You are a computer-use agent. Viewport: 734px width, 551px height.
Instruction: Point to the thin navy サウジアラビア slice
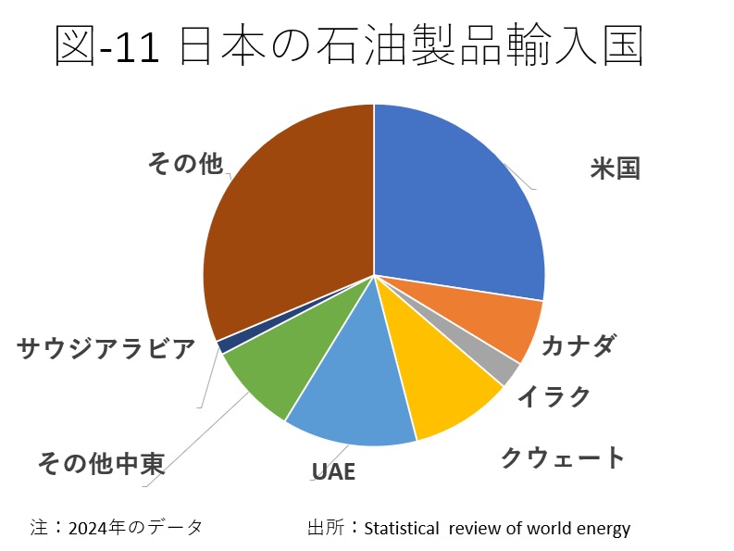pyautogui.click(x=221, y=345)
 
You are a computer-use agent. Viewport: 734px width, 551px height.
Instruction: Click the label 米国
pyautogui.click(x=616, y=169)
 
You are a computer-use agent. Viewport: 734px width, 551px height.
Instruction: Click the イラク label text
pyautogui.click(x=554, y=396)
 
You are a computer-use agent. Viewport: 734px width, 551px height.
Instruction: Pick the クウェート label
pyautogui.click(x=563, y=457)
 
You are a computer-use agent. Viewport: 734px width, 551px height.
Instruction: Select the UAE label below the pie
pyautogui.click(x=333, y=471)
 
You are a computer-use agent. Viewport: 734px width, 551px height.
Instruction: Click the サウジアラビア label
pyautogui.click(x=106, y=349)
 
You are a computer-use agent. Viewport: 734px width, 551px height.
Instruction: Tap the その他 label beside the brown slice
pyautogui.click(x=185, y=163)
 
